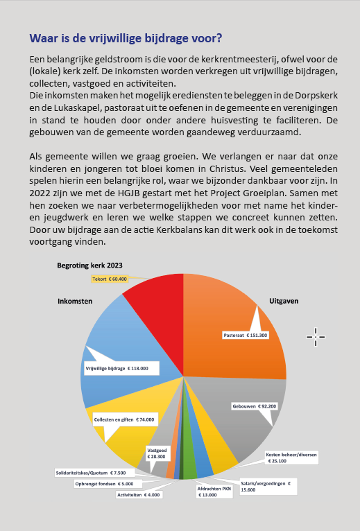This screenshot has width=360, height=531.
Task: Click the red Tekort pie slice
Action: [x=160, y=315]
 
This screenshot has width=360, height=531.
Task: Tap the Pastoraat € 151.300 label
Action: [x=246, y=336]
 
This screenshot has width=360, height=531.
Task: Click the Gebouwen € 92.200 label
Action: [x=255, y=406]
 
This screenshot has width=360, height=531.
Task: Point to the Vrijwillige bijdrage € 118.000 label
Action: [x=121, y=369]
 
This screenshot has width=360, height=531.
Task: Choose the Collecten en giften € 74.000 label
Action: [x=124, y=419]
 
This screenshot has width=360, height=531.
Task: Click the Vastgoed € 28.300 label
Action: [x=157, y=453]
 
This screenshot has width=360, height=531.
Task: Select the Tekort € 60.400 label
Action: [x=110, y=279]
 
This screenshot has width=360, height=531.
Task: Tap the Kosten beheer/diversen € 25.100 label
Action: [x=291, y=458]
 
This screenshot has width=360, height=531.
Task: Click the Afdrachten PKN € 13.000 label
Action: [x=214, y=491]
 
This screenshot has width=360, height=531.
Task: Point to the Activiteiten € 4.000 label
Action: [x=138, y=495]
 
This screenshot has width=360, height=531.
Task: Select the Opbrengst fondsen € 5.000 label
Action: [x=105, y=484]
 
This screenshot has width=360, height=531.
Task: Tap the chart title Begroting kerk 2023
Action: [x=90, y=265]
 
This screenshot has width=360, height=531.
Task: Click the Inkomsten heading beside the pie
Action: [x=75, y=301]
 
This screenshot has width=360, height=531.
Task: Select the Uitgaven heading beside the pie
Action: [x=284, y=301]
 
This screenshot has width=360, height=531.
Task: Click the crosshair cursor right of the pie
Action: [x=316, y=337]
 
